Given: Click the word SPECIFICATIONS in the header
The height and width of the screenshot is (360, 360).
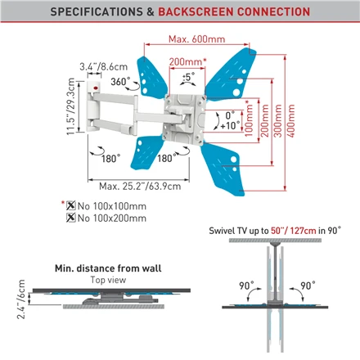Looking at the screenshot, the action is pyautogui.click(x=97, y=11).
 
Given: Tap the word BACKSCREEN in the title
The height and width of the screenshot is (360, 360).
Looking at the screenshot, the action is pyautogui.click(x=196, y=11).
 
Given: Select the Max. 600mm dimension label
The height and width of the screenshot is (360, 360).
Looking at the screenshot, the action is pyautogui.click(x=196, y=39).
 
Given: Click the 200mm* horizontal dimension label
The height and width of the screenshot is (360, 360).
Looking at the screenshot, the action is pyautogui.click(x=187, y=62).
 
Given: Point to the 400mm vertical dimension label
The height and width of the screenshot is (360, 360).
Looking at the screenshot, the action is pyautogui.click(x=291, y=121).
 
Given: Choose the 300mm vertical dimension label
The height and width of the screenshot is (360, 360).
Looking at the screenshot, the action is pyautogui.click(x=277, y=121).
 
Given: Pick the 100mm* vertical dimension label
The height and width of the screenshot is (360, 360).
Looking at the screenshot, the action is pyautogui.click(x=249, y=119).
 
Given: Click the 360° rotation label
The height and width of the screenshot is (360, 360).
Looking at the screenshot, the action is pyautogui.click(x=120, y=81).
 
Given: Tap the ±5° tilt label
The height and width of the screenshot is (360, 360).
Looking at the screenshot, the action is pyautogui.click(x=188, y=76).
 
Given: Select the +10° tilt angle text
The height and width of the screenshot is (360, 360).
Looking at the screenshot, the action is pyautogui.click(x=230, y=126).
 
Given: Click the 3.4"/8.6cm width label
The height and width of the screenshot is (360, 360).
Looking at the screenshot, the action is pyautogui.click(x=103, y=66).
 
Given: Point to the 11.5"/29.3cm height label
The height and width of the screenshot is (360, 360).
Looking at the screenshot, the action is pyautogui.click(x=70, y=106).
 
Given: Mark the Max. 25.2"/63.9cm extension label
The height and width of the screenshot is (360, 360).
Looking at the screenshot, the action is pyautogui.click(x=140, y=187).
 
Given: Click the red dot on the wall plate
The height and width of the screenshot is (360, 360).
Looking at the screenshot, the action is pyautogui.click(x=96, y=88).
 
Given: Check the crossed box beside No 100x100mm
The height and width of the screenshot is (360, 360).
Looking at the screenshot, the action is pyautogui.click(x=71, y=205).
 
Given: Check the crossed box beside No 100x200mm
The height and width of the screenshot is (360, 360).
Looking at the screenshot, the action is pyautogui.click(x=71, y=218).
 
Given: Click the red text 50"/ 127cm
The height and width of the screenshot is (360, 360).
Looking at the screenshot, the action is pyautogui.click(x=294, y=231).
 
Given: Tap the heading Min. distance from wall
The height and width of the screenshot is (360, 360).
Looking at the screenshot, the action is pyautogui.click(x=108, y=268).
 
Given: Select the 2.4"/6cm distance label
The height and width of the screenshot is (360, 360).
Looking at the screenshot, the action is pyautogui.click(x=21, y=299).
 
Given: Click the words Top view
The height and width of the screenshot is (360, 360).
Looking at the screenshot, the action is pyautogui.click(x=108, y=280).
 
